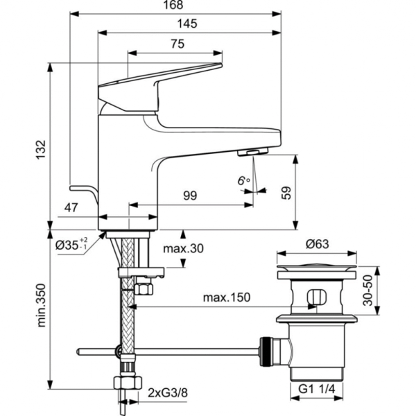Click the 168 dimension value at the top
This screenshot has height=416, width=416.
click(x=176, y=6)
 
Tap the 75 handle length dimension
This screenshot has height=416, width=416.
click(x=177, y=44)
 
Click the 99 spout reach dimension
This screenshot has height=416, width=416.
click(x=190, y=196)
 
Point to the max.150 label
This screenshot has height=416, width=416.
click(x=226, y=297)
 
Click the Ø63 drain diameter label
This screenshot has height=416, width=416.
click(x=318, y=243)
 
